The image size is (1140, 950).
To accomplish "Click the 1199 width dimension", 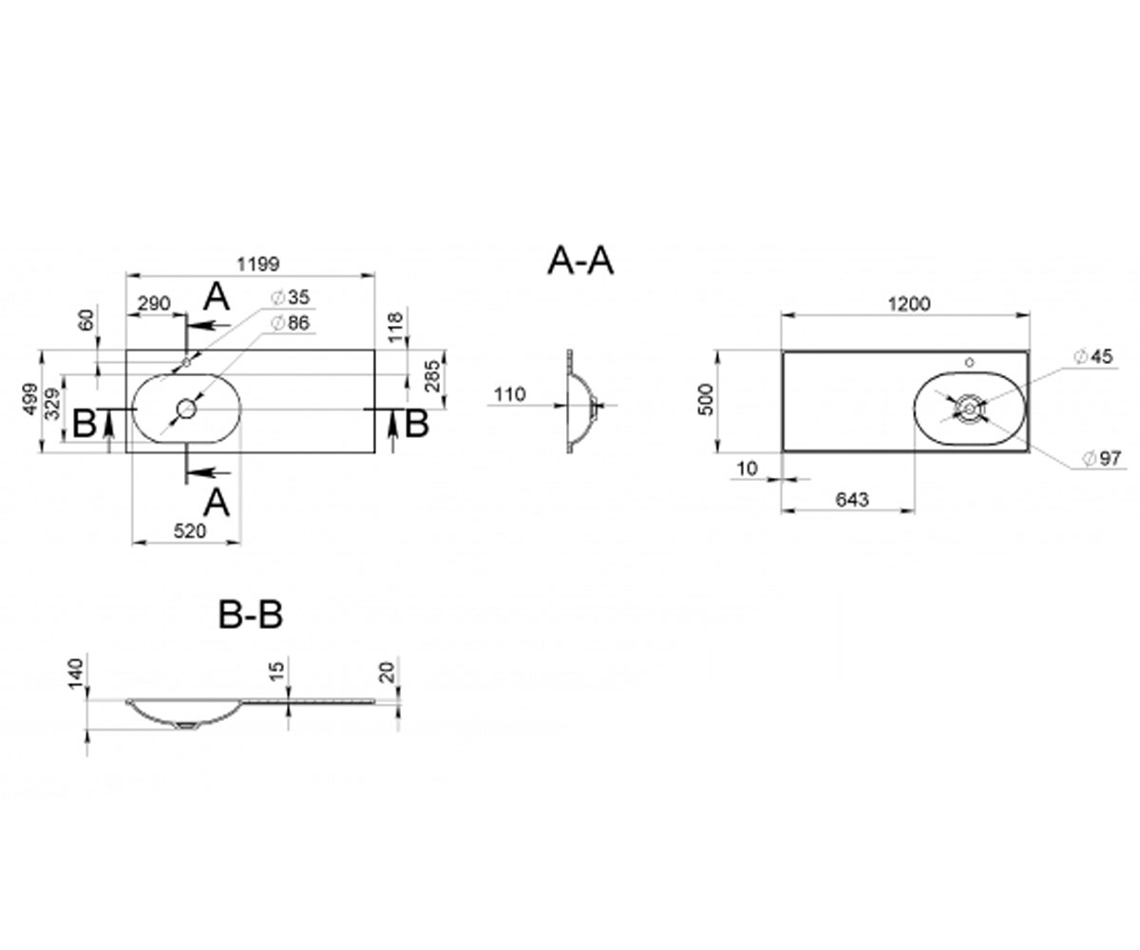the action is coord(258,264).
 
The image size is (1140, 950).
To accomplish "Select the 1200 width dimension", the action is coord(909,304).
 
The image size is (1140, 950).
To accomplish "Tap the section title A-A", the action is coord(580,260).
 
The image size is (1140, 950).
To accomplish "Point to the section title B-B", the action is coord(251,615).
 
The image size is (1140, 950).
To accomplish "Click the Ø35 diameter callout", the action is coord(291,297).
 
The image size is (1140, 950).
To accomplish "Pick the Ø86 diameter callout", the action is coord(291,323).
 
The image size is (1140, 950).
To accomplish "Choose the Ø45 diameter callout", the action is coord(1093,356).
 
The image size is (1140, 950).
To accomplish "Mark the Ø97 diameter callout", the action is coord(1103,458).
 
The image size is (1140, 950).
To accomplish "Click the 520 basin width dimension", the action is coord(189,530).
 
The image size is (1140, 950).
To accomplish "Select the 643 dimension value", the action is coord(852,499).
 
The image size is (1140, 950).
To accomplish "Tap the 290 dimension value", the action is coord(154,303).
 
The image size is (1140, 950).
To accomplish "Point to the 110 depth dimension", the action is coord(509,393).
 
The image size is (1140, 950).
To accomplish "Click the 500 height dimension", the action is coord(706,400).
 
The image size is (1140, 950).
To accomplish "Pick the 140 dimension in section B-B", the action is coord(76,674).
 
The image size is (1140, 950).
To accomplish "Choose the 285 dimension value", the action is coord(432,375).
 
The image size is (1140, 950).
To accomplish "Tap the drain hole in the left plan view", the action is coord(187,408).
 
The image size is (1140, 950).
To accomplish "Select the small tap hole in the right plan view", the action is coord(970,362).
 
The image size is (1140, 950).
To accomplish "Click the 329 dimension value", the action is coord(52,403).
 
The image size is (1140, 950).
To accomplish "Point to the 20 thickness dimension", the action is coord(387,672).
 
